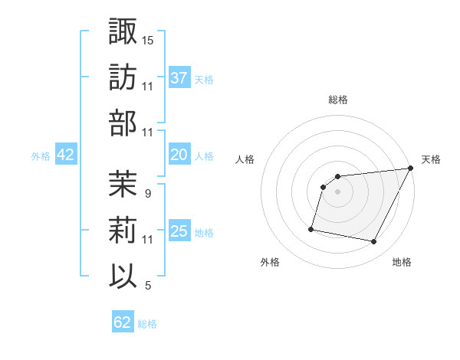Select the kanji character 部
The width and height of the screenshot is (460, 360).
tap(123, 123)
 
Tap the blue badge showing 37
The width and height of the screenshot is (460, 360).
tap(179, 77)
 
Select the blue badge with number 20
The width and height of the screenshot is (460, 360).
tap(179, 155)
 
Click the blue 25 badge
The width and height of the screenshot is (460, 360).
tap(179, 231)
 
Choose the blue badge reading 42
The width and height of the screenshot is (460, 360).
tap(66, 155)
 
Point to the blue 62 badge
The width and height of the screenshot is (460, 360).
tap(123, 322)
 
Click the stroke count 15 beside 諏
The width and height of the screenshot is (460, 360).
tap(148, 40)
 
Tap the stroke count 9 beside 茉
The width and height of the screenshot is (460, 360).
tap(147, 194)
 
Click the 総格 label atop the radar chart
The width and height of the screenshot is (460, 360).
tap(338, 100)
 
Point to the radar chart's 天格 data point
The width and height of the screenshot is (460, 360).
tap(412, 169)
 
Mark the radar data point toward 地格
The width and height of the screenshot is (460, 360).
tap(374, 242)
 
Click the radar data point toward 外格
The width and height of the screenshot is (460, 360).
tap(311, 229)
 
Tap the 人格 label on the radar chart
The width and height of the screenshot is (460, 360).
tap(245, 160)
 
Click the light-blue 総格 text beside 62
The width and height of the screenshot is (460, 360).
tap(147, 324)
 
